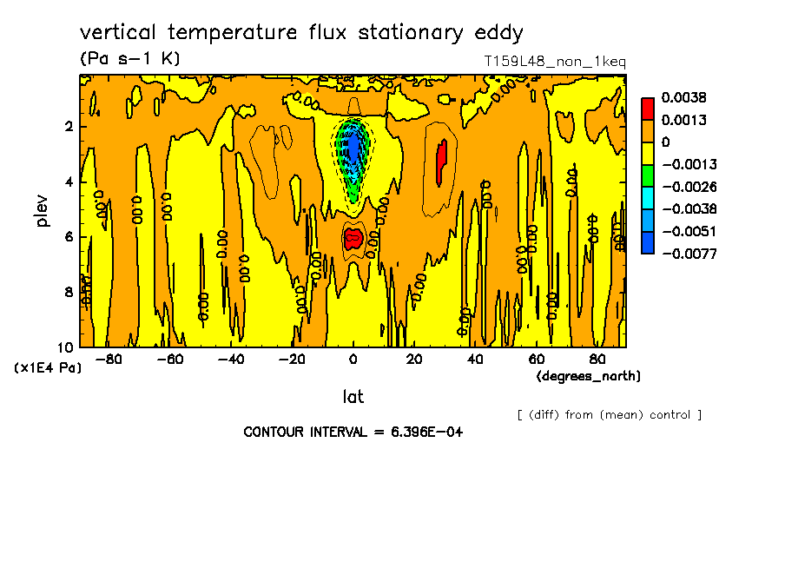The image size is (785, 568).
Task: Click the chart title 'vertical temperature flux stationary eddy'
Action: point(301,33)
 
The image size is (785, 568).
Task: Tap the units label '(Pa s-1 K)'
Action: point(129,59)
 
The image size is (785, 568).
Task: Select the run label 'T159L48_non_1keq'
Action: point(555,62)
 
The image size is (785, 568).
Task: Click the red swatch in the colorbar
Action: point(647,109)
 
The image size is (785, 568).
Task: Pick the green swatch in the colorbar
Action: point(647,175)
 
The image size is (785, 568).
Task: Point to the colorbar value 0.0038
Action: point(683,97)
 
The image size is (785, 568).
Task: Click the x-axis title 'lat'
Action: point(353,397)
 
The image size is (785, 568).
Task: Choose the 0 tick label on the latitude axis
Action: point(353,360)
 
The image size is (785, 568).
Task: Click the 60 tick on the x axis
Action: point(536,360)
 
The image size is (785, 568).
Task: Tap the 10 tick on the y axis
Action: point(68,347)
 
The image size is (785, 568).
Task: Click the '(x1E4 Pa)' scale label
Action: point(48,367)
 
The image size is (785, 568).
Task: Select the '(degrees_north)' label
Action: point(589,375)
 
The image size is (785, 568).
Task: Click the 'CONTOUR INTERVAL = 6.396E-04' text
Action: point(353,432)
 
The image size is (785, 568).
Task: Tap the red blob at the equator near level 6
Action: point(353,239)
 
